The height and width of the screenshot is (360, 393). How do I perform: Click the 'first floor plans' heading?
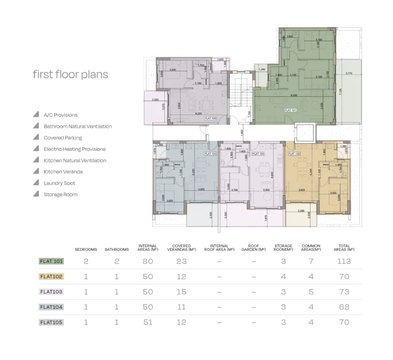[71, 75]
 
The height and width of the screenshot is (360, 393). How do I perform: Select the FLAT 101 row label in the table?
[51, 261]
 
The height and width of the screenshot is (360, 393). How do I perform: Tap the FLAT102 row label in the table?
[51, 277]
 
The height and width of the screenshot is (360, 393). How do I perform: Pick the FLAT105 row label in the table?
[51, 322]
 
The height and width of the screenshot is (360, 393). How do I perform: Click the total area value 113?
[344, 261]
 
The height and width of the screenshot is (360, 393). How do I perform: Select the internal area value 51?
[148, 322]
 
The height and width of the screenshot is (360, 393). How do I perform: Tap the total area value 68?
[344, 307]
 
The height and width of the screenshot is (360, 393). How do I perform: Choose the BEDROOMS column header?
[86, 250]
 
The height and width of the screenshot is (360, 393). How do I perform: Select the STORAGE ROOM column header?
[283, 247]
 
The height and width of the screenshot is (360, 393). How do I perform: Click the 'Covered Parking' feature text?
[63, 138]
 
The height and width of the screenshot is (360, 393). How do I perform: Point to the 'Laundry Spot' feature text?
[60, 183]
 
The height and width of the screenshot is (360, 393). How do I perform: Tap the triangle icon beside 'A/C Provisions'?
[36, 115]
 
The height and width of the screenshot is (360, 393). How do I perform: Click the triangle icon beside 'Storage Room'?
[36, 194]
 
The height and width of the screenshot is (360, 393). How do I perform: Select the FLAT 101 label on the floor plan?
[291, 110]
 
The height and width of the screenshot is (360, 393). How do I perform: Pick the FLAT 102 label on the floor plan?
[294, 153]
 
